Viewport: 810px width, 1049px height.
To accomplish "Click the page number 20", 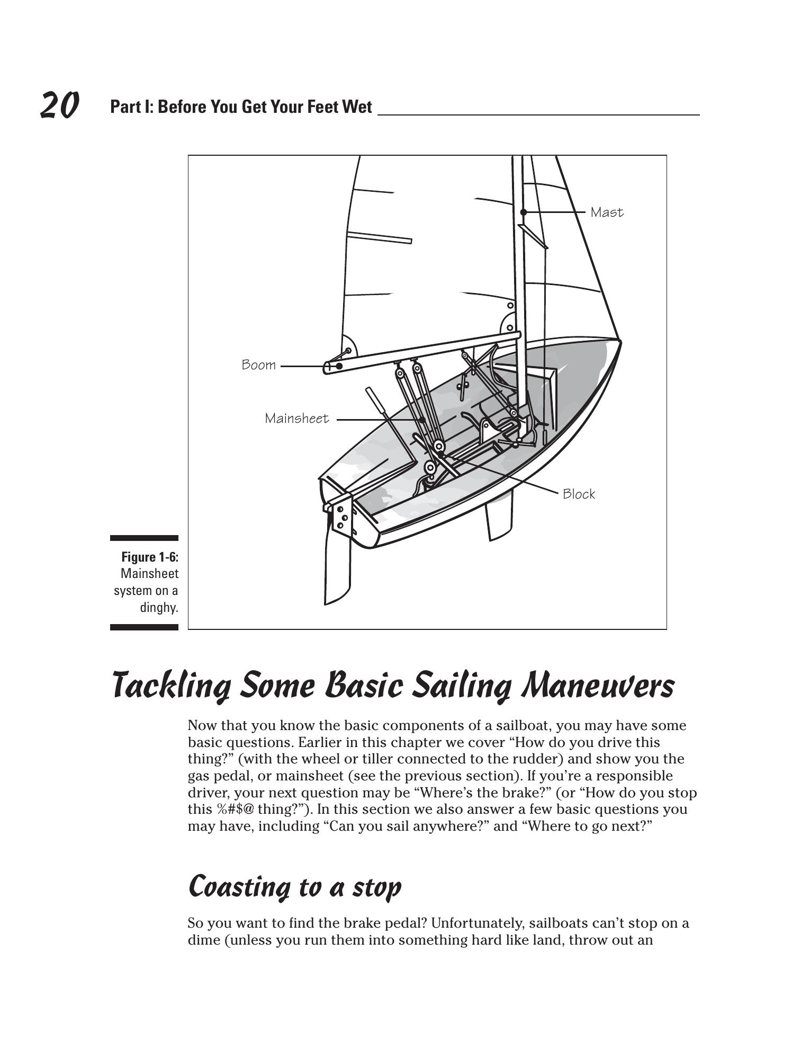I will [60, 105].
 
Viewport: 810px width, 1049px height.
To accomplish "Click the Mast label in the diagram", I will [607, 212].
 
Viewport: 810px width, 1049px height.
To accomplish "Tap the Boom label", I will [258, 365].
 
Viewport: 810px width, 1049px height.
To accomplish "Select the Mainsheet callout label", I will [296, 419].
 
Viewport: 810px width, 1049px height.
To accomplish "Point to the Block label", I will [579, 494].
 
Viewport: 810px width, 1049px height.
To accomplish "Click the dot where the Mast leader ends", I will [523, 212].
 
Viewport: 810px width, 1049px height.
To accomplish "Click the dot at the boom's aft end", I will [339, 366].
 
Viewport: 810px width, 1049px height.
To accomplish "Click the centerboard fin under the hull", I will [499, 517].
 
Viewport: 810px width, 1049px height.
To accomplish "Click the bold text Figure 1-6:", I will [150, 557].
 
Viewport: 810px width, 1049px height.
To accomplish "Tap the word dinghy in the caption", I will [159, 608].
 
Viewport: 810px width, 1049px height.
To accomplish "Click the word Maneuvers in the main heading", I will [598, 686].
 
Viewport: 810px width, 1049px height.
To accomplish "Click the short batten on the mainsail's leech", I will [379, 237].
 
